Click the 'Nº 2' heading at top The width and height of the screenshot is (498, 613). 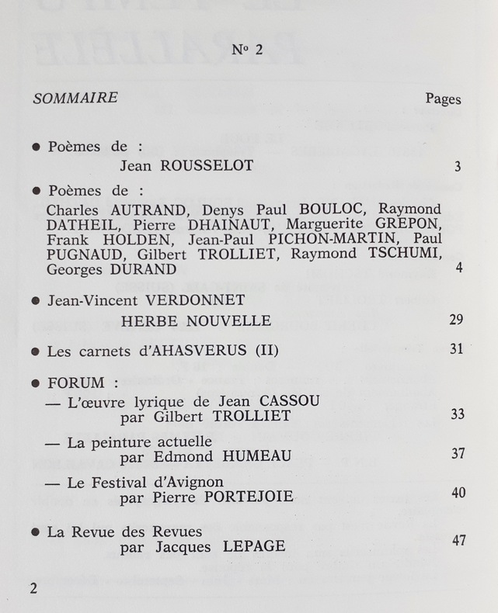click(249, 50)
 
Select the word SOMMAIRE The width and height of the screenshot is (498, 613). click(75, 98)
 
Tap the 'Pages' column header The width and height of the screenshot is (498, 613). click(443, 99)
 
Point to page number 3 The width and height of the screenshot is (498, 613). click(458, 167)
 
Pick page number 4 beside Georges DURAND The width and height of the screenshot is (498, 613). click(459, 268)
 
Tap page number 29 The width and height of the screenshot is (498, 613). click(456, 320)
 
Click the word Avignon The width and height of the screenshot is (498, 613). click(193, 481)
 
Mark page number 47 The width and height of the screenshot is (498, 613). click(458, 539)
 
